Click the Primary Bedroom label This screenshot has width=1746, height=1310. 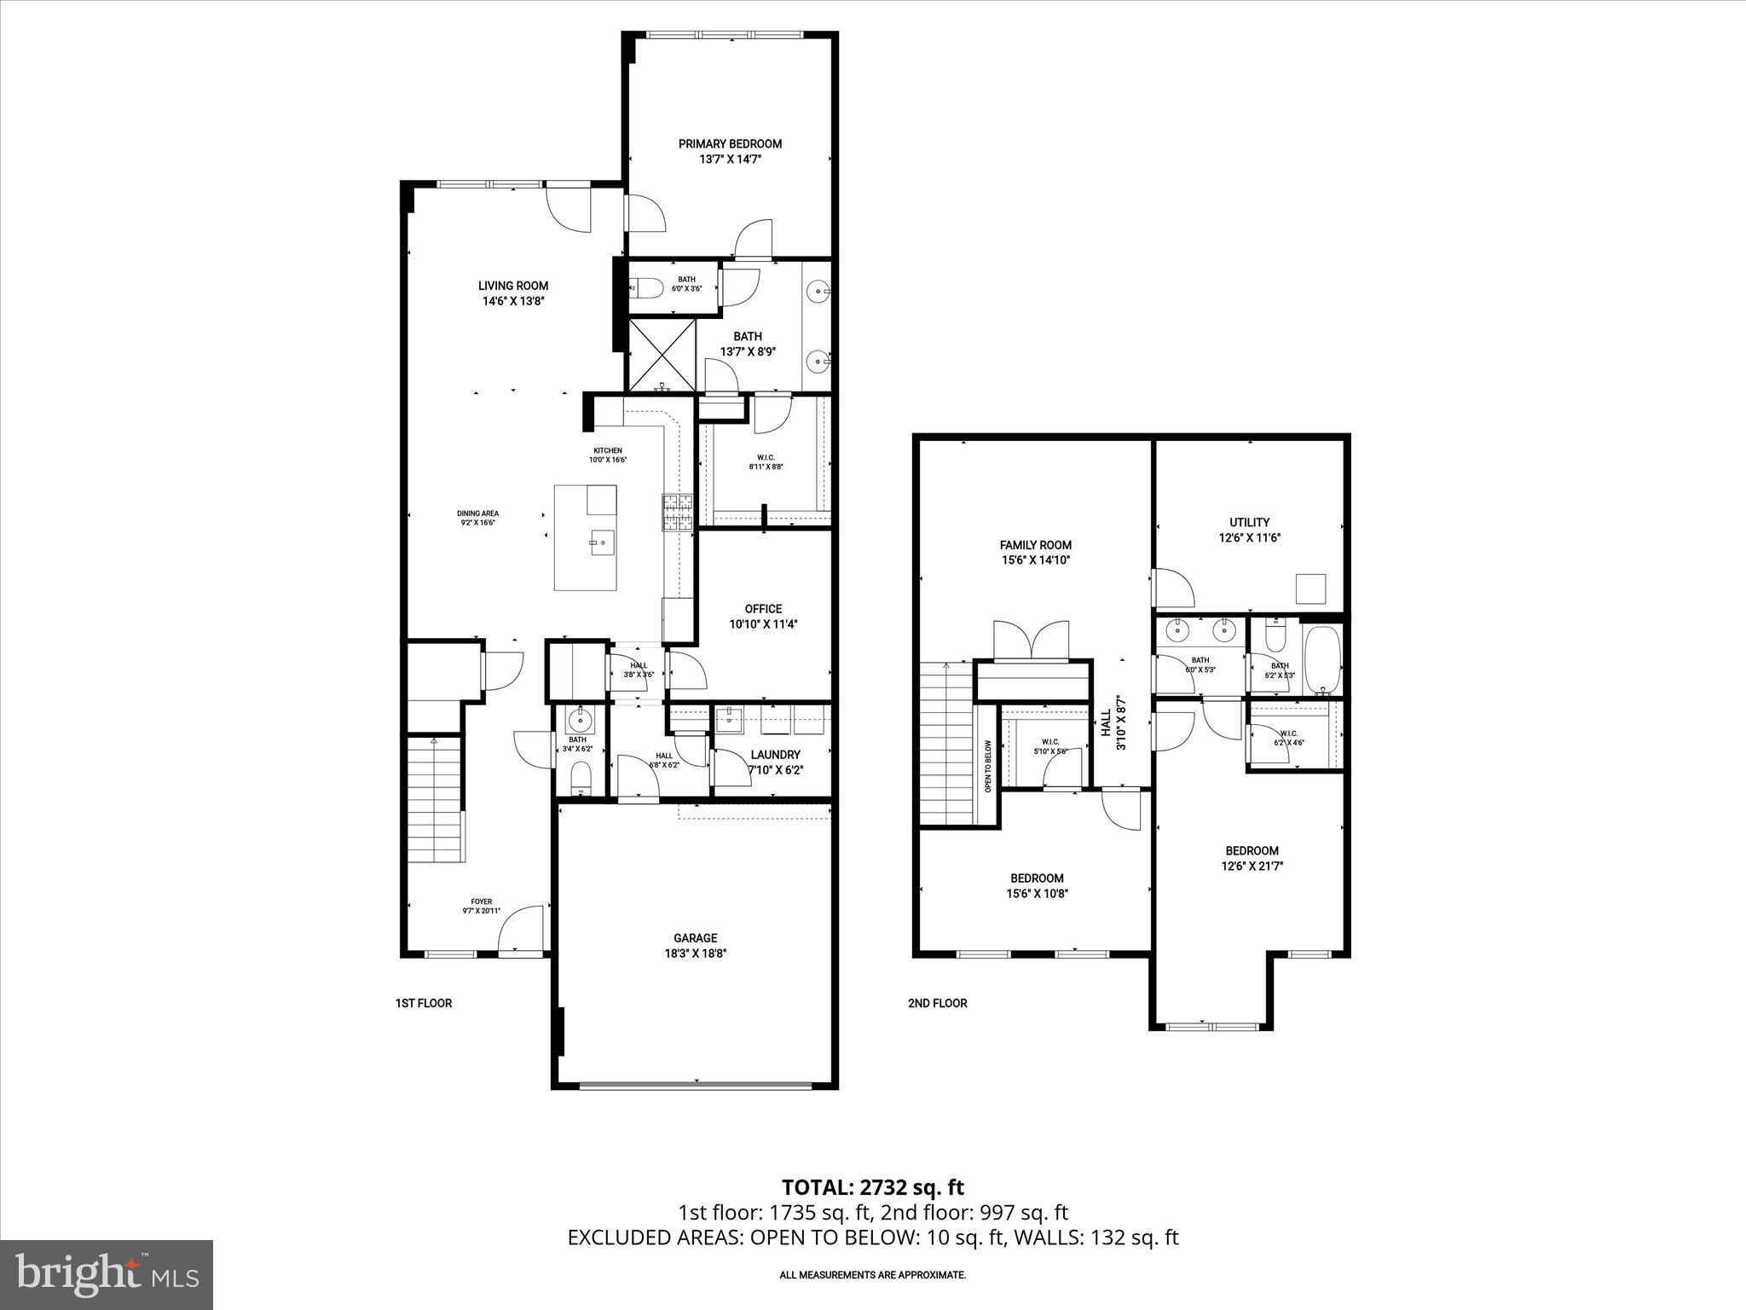[x=730, y=144]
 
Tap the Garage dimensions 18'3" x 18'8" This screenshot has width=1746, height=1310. [x=697, y=954]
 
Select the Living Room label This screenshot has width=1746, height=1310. [x=512, y=286]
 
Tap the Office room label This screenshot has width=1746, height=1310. [x=763, y=608]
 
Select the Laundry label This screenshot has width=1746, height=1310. [x=775, y=755]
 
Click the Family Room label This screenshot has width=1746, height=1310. [x=1035, y=545]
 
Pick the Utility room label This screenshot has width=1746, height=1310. [x=1249, y=522]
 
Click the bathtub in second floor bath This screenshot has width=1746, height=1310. [x=1322, y=659]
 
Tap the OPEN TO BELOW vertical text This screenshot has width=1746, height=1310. [x=988, y=766]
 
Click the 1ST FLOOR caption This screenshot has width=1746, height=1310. [x=423, y=1003]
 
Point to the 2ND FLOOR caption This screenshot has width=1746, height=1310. [x=937, y=1003]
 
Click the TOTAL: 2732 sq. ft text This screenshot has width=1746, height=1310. [x=872, y=1187]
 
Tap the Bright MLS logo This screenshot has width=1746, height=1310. [x=107, y=1274]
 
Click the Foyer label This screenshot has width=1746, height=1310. [x=482, y=901]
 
